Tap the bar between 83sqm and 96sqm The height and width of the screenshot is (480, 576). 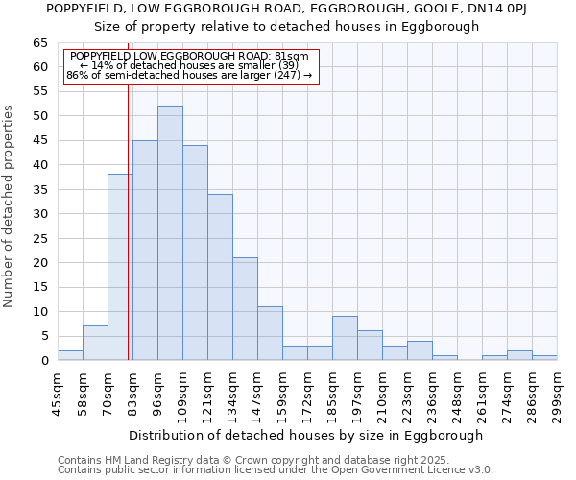(x=145, y=251)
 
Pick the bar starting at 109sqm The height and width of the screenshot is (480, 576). (x=195, y=252)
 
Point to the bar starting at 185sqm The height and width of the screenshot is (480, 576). (x=345, y=338)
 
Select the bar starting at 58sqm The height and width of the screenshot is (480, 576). (x=95, y=343)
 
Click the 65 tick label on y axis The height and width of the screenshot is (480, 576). (x=39, y=43)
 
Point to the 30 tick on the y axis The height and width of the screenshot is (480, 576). (x=39, y=214)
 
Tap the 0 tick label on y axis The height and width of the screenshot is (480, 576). (x=43, y=361)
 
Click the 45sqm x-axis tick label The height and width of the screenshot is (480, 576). (x=58, y=394)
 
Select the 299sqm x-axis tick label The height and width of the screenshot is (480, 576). (x=558, y=394)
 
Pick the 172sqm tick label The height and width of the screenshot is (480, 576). (x=307, y=394)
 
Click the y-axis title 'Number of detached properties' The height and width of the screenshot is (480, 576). (x=9, y=206)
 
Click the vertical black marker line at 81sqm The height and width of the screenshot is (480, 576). (x=129, y=240)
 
